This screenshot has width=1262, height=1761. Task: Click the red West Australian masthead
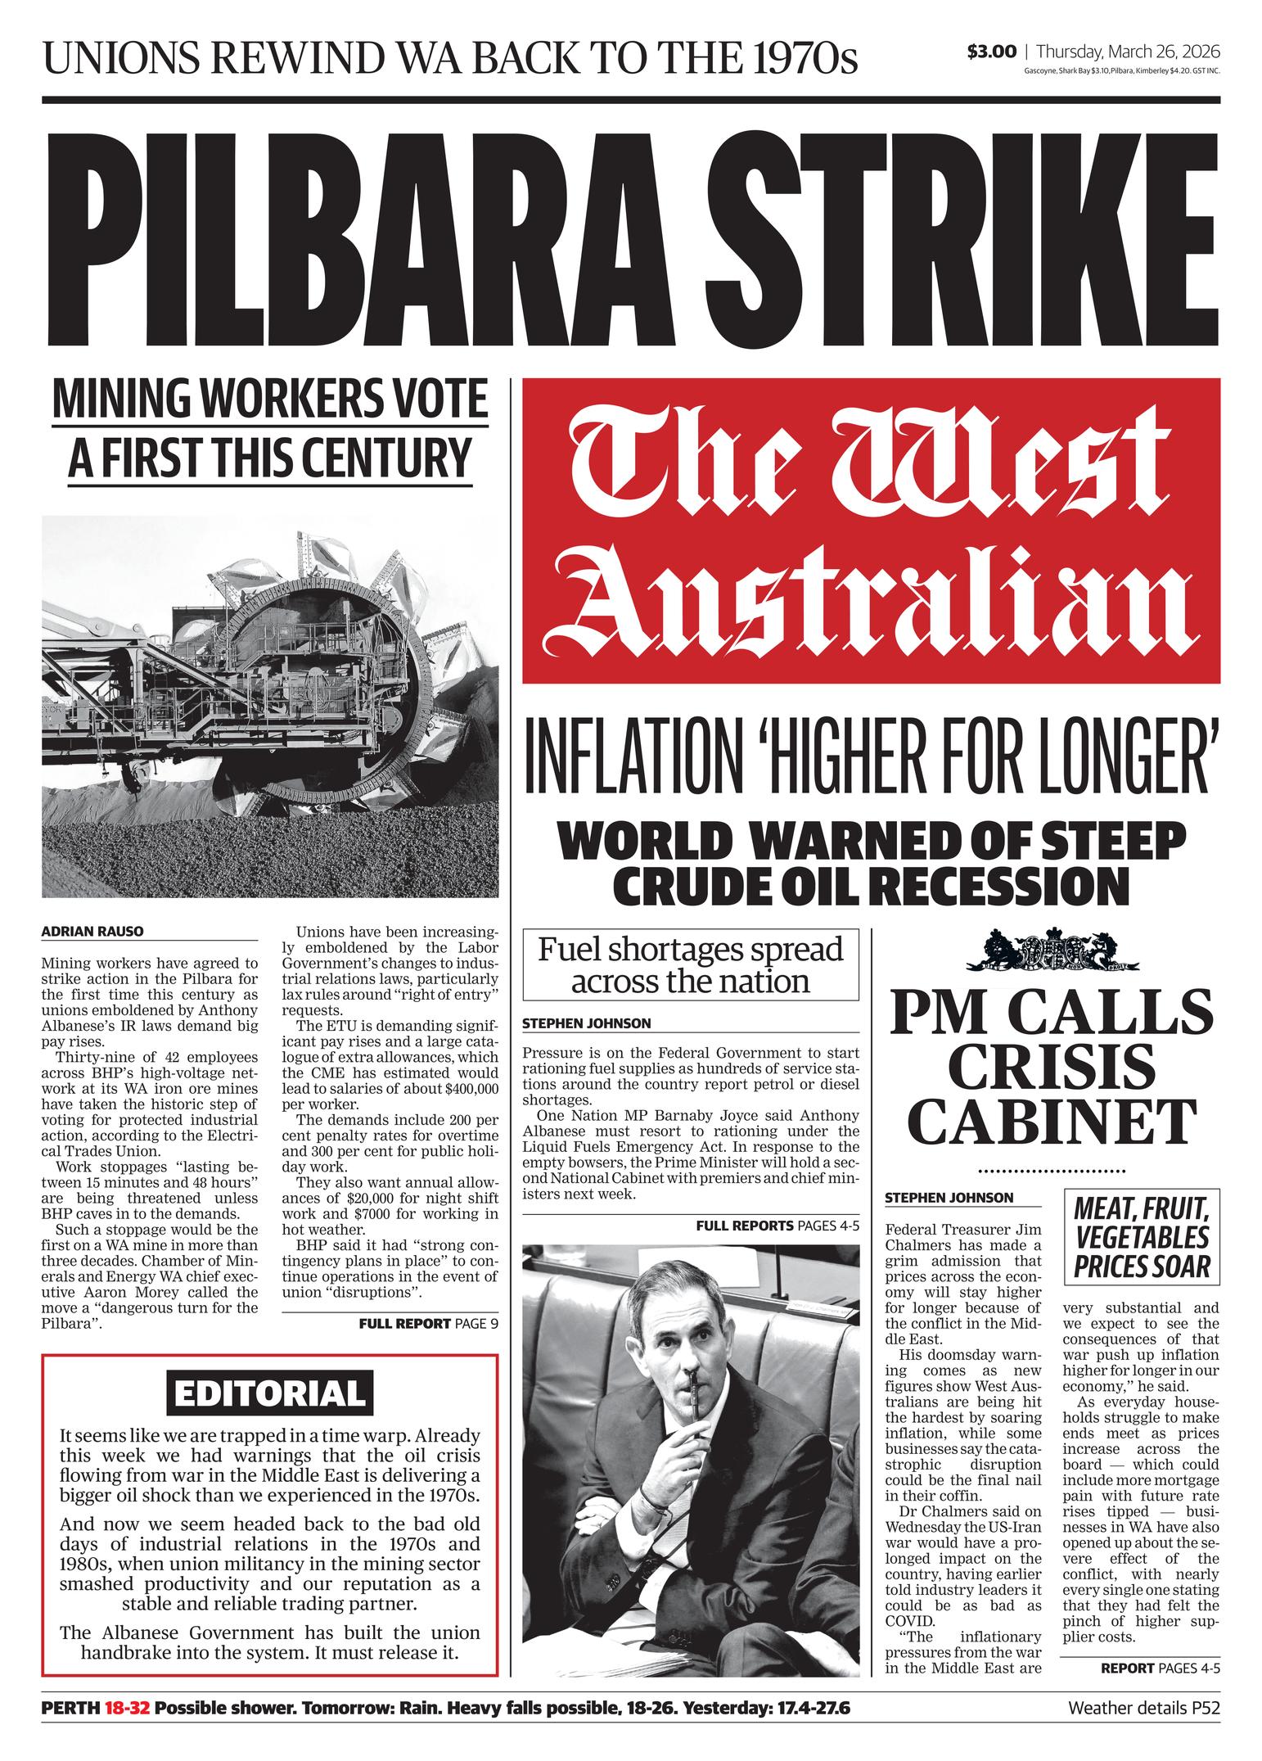click(x=871, y=530)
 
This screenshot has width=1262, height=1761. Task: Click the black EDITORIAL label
click(x=269, y=1393)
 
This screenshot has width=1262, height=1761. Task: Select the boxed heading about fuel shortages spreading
click(x=691, y=964)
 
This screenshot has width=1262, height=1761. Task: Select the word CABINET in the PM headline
click(x=1053, y=1120)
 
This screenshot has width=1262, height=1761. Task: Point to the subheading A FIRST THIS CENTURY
click(x=270, y=457)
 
